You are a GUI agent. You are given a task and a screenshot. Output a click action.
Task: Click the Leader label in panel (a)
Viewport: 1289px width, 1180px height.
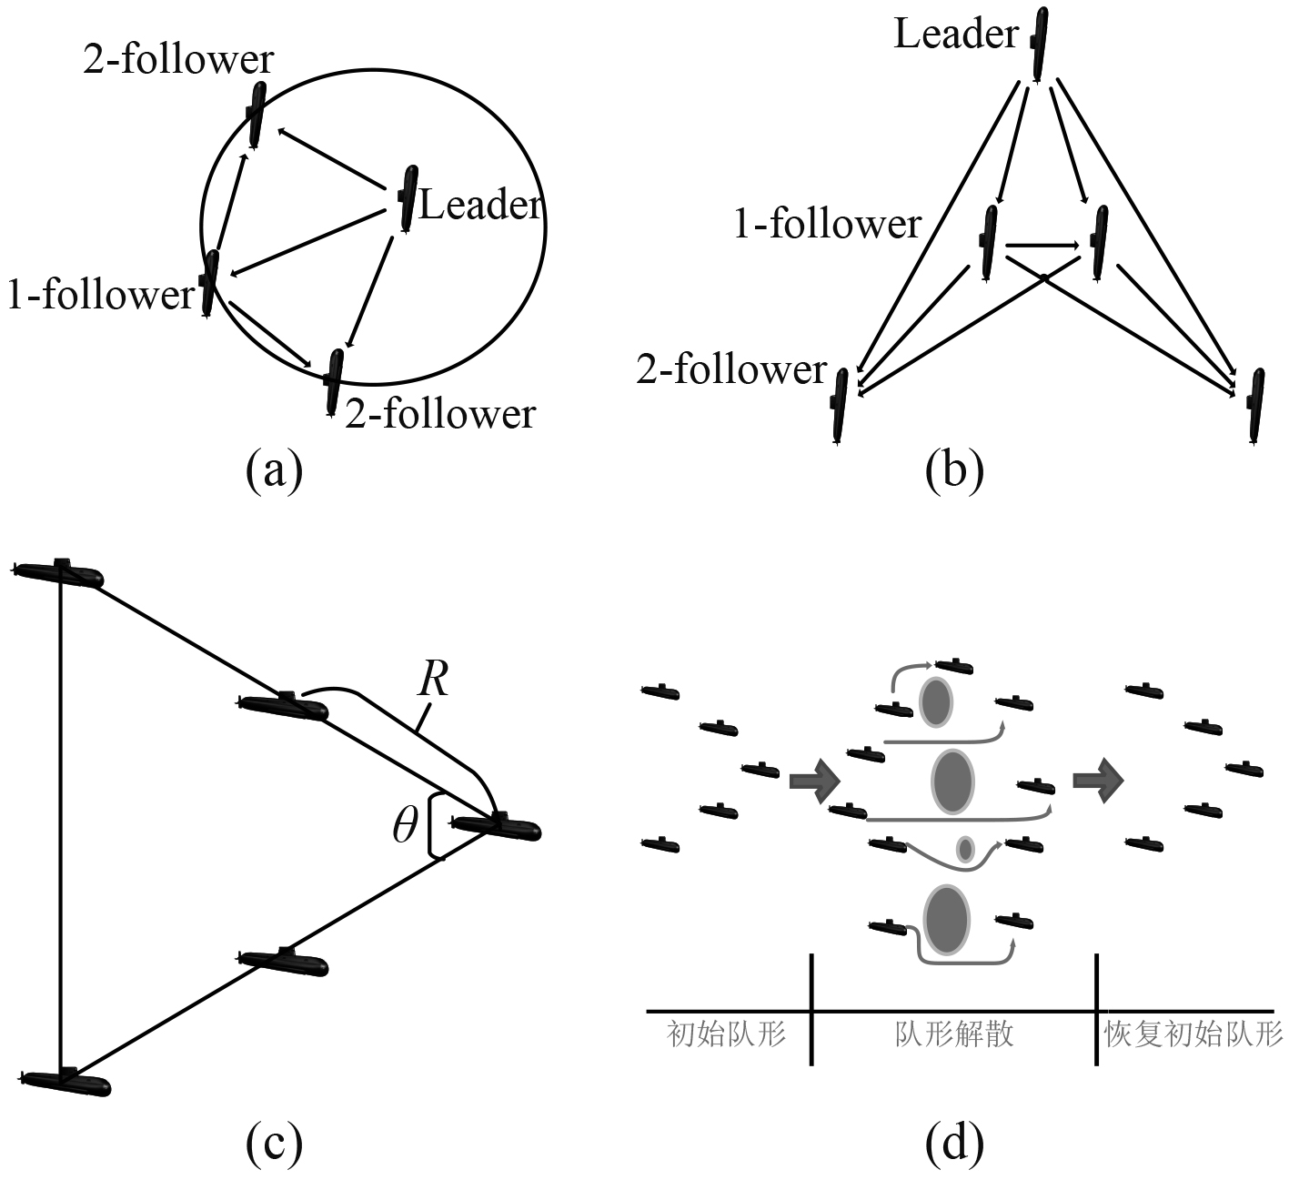480,206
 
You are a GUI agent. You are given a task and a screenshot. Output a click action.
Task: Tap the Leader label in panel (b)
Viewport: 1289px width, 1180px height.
956,35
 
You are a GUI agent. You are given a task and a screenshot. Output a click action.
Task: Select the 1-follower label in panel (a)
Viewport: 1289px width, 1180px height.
101,295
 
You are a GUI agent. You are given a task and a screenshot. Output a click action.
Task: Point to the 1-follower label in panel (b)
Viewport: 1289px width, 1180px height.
827,225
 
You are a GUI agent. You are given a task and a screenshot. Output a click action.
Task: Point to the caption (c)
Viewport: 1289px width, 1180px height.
274,1144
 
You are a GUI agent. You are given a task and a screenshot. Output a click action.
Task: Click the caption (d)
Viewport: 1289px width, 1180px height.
954,1144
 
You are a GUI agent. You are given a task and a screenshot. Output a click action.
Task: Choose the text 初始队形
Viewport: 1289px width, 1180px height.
726,1035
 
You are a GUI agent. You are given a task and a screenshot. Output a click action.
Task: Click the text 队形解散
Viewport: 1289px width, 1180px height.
954,1035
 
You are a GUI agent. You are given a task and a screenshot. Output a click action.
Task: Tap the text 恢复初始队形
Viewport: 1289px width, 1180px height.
1193,1035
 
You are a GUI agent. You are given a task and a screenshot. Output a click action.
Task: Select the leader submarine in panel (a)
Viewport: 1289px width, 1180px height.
408,197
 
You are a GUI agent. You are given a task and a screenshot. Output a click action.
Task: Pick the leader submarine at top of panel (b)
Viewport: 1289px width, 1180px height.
1040,42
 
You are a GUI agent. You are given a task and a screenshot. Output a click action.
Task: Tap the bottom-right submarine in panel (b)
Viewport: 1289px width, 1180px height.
1255,406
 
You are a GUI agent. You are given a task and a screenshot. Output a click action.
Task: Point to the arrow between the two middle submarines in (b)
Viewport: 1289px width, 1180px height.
1042,245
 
